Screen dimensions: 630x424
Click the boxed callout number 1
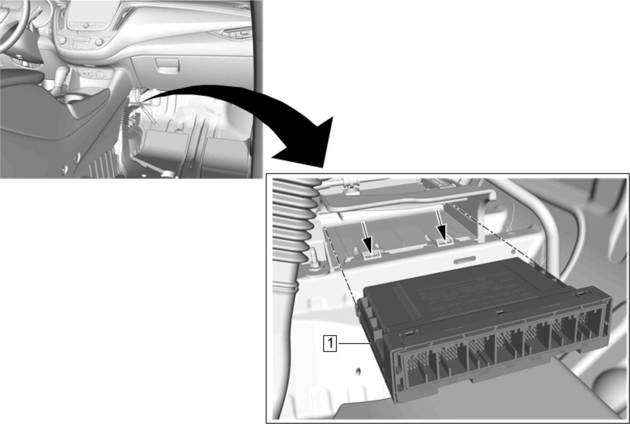click(x=330, y=344)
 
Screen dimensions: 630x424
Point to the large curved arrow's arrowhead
click(x=309, y=145)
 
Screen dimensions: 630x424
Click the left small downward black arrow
click(x=367, y=239)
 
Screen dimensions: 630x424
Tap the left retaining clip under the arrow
click(x=371, y=254)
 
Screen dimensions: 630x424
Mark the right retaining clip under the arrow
click(x=444, y=242)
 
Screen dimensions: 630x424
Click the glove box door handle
click(x=167, y=65)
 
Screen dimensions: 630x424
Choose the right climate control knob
click(x=99, y=42)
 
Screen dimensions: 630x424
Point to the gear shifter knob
click(x=61, y=74)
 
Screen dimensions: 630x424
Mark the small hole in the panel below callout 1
click(x=358, y=371)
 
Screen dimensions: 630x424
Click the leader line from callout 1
click(x=353, y=344)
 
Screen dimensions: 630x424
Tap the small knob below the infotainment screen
click(x=86, y=26)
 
